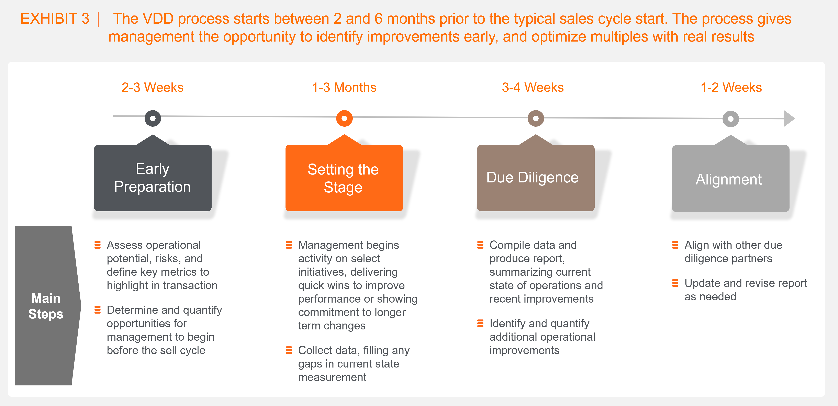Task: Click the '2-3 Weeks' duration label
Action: click(x=152, y=88)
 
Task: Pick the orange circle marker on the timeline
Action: click(x=344, y=119)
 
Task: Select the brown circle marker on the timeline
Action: click(x=536, y=119)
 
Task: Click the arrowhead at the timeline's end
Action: click(x=789, y=119)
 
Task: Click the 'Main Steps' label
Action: click(x=46, y=306)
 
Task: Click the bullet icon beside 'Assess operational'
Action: click(x=97, y=245)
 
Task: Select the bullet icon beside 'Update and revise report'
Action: click(x=675, y=283)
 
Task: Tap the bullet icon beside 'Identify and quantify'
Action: click(x=480, y=323)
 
